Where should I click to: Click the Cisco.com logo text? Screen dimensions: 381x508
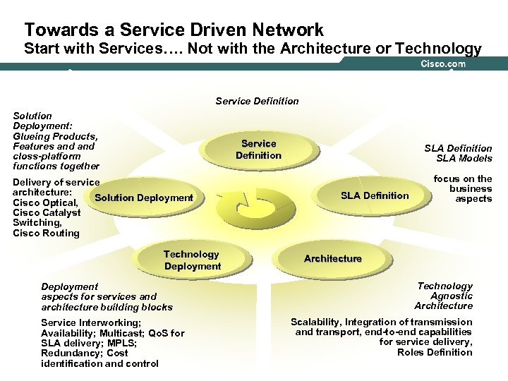(x=443, y=64)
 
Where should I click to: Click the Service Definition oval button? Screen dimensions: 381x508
(x=258, y=149)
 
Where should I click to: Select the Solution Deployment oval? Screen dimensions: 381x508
(x=144, y=197)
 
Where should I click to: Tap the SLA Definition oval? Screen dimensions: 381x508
(x=375, y=195)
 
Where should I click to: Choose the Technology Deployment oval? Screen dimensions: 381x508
(x=192, y=260)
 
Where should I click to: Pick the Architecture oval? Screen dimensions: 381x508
(x=332, y=258)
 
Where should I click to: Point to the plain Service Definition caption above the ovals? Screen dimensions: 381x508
(x=256, y=101)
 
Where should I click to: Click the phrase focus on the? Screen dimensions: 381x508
(x=463, y=179)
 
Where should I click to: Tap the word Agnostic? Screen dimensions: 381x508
(x=453, y=296)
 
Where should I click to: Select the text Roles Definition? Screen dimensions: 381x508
(x=435, y=352)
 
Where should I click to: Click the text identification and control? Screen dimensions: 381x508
(x=99, y=363)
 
